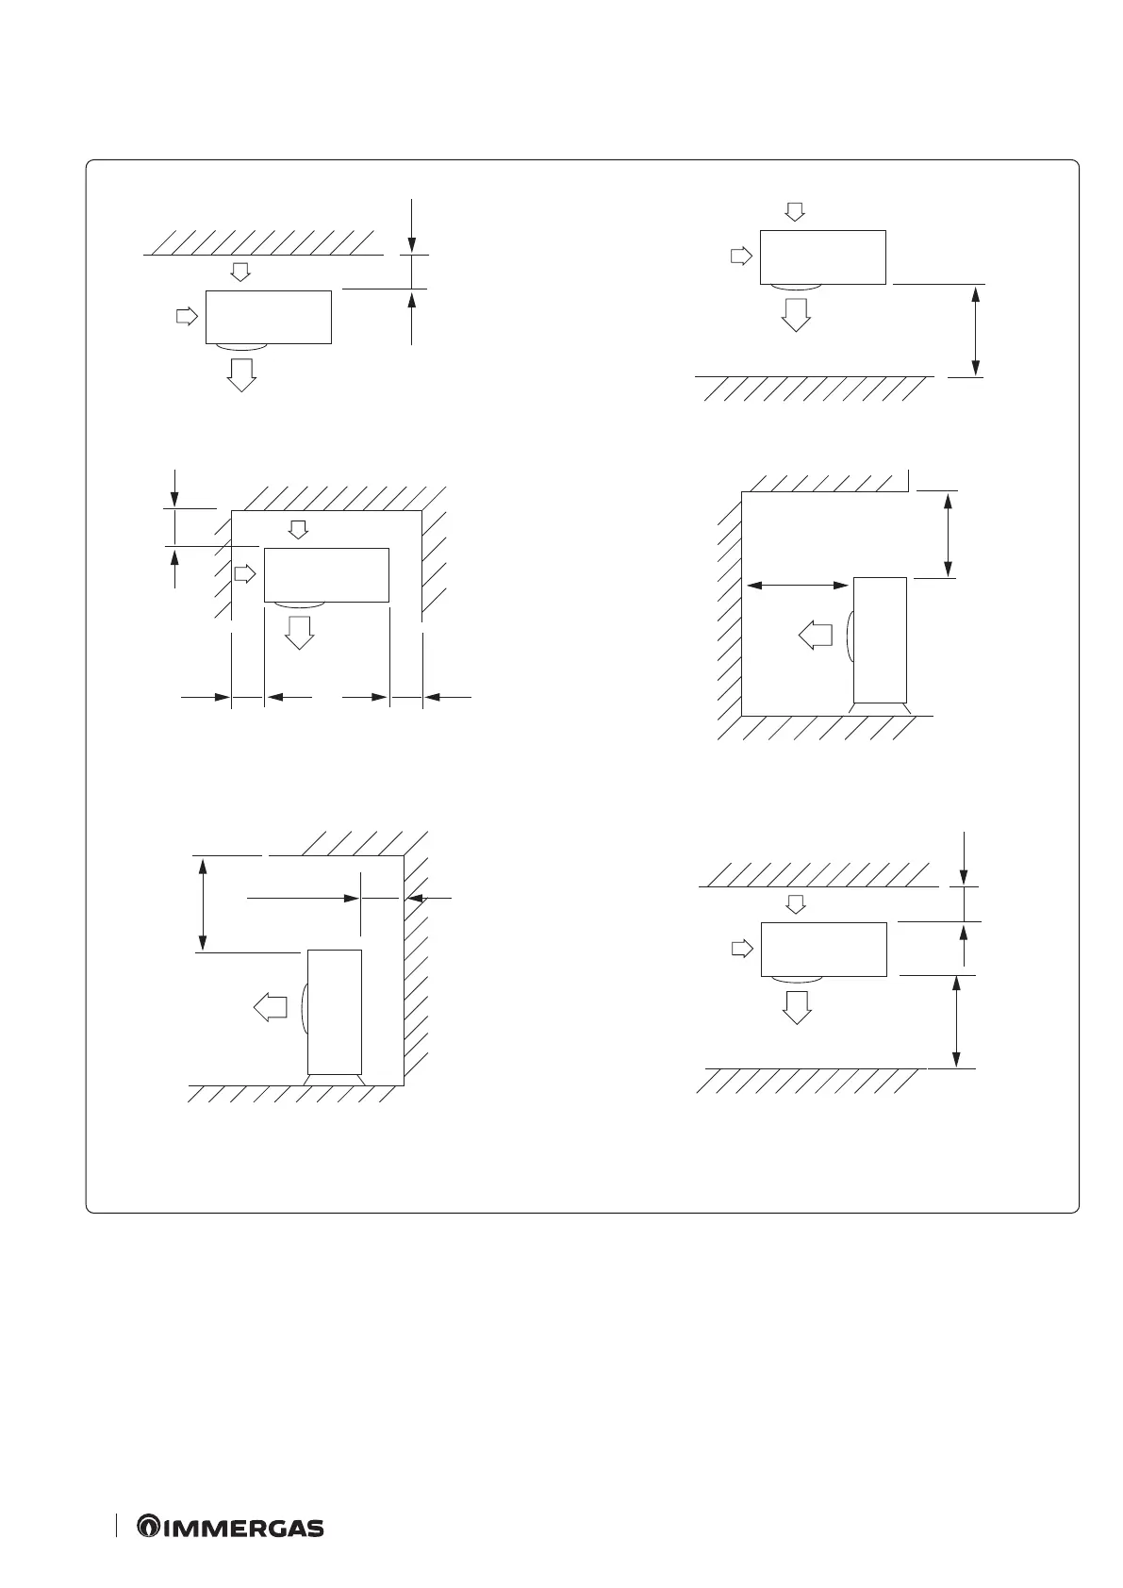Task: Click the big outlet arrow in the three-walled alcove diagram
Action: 300,632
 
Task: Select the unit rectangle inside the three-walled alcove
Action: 326,574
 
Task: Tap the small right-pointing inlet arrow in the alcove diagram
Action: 245,573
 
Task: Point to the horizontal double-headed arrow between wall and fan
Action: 797,586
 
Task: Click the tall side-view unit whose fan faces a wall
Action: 880,639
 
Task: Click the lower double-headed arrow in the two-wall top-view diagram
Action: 957,1020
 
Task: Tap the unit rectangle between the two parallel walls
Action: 823,949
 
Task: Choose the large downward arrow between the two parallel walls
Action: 798,1006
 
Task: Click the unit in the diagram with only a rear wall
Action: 269,317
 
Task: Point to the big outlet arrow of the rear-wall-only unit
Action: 241,373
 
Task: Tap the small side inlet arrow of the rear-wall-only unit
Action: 188,316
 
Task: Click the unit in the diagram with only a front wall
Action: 822,256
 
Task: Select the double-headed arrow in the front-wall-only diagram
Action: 976,330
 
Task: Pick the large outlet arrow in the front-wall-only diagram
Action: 797,314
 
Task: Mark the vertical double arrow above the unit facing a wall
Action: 948,534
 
